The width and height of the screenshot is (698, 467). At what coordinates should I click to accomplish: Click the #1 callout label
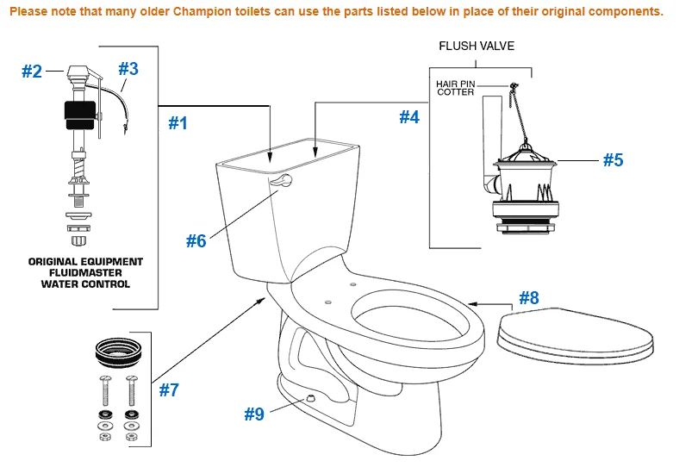coord(177,123)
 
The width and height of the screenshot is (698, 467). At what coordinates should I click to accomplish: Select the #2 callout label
coord(32,72)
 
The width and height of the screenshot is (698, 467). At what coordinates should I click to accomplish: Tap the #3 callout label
coord(128,68)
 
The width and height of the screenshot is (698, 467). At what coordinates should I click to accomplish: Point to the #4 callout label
coord(408,116)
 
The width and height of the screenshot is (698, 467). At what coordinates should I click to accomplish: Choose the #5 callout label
coord(612,159)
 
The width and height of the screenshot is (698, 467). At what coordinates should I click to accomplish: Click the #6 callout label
coord(196,241)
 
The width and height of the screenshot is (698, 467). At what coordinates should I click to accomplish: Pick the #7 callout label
coord(169,389)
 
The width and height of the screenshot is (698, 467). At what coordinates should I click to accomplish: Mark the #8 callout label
coord(528,298)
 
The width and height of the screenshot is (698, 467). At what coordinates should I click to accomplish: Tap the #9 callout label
coord(253,414)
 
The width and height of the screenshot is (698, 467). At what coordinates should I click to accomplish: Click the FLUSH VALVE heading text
coord(477,46)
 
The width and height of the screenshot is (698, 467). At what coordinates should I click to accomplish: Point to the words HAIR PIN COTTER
coord(455,88)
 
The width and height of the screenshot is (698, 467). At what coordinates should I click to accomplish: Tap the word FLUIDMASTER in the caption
coord(85,272)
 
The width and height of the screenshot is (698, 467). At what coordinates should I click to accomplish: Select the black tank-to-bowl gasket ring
coord(116,352)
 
